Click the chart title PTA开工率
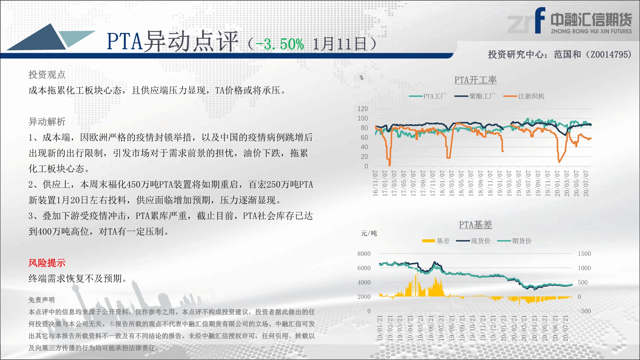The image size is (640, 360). pos(476,80)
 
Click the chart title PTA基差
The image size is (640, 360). pos(476,225)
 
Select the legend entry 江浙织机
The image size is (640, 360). pos(524,96)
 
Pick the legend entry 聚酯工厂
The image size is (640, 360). pos(475,96)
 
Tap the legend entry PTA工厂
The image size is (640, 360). pos(428,96)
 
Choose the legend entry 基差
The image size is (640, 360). pos(436,241)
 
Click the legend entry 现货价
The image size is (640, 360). pos(473,241)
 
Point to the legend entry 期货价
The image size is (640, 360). pos(514,241)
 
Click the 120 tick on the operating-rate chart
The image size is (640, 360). pos(363,109)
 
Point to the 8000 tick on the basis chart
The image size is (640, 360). pos(364,254)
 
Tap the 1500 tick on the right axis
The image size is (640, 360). pos(584,254)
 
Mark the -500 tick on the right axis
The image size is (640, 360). pos(584,311)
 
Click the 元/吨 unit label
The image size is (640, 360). pos(369,233)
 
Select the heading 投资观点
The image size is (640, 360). pos(47,75)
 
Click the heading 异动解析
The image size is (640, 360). pos(47,122)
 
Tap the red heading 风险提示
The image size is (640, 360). pos(47,263)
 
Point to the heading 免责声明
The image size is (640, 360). pos(42,300)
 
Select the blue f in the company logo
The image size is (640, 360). pos(540,20)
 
